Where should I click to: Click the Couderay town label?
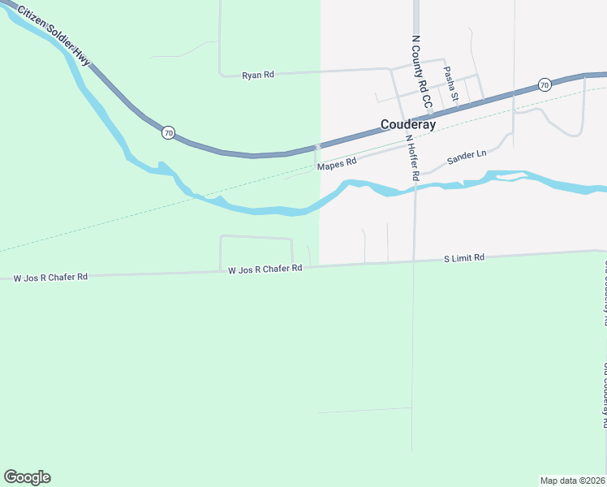[408, 125]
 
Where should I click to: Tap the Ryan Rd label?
[258, 75]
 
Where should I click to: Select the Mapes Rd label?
[337, 163]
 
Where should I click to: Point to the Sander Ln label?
[466, 153]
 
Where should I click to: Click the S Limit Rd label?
[464, 257]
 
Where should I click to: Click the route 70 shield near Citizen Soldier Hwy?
[168, 132]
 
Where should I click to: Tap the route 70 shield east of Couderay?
[545, 84]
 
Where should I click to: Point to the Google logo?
[27, 477]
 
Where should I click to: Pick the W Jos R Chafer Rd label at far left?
[50, 278]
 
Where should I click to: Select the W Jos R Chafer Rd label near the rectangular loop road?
[265, 269]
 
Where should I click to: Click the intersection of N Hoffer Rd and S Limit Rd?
[414, 261]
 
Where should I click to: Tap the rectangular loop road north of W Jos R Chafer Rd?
[256, 238]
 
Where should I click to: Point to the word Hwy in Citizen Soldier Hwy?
[82, 59]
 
